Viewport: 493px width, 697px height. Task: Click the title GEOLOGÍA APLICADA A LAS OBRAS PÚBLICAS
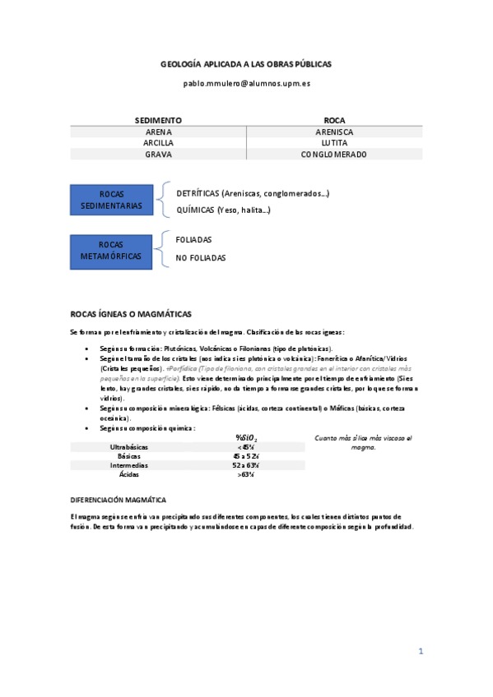(246, 64)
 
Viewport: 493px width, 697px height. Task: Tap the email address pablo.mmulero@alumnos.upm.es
(246, 84)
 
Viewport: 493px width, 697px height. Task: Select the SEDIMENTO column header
(158, 120)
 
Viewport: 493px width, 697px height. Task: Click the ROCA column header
(334, 120)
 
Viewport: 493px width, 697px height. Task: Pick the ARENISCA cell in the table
(334, 132)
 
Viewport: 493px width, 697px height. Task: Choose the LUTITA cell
(334, 143)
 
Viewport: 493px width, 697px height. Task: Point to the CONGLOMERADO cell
(334, 155)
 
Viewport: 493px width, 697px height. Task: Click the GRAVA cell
(158, 155)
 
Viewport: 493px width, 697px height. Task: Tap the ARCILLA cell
(158, 143)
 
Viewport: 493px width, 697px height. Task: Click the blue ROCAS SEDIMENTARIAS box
(112, 200)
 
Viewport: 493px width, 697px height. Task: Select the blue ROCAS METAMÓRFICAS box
(112, 251)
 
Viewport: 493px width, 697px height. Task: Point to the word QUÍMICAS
(195, 210)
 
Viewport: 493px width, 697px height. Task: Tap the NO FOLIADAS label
(201, 258)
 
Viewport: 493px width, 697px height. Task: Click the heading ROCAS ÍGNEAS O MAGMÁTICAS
(131, 314)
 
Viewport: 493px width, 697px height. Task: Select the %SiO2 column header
(247, 438)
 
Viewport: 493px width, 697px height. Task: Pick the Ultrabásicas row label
(128, 446)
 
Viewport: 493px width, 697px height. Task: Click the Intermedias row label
(128, 465)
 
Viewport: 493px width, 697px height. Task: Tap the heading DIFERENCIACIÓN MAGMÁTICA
(119, 500)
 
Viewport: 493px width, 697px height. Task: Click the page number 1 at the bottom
(421, 651)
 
